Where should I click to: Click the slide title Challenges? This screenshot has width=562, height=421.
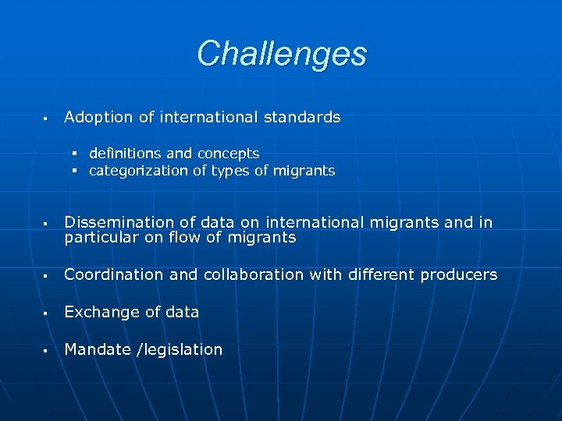click(x=281, y=54)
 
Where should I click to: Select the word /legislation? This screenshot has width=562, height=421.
click(x=180, y=350)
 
